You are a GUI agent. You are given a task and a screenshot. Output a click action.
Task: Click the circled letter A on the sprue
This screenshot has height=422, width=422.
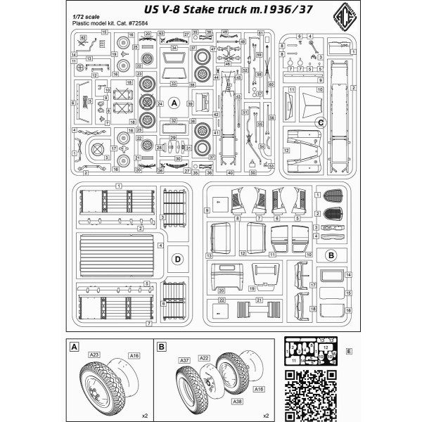[175, 103]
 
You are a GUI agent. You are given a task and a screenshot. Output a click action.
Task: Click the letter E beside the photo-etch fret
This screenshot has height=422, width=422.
[350, 350]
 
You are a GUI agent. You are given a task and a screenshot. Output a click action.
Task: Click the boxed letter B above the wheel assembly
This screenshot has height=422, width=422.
[161, 347]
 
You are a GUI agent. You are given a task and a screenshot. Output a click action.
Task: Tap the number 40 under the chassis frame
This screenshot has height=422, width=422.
[230, 173]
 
